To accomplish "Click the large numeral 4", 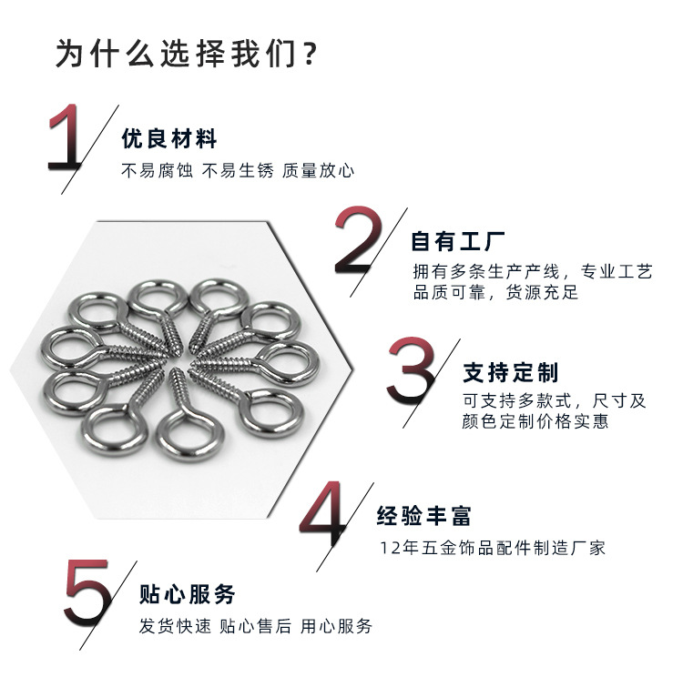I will point(325,516).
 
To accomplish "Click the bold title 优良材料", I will point(169,140).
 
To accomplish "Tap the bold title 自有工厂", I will point(458,242).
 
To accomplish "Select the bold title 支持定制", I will point(511,372).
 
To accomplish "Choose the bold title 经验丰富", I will point(424,517).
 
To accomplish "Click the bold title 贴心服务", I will point(188,595).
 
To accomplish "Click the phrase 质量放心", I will point(318,170).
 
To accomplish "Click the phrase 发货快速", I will point(175,626).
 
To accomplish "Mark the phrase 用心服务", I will point(336,626).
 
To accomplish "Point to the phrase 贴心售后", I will point(256,626).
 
